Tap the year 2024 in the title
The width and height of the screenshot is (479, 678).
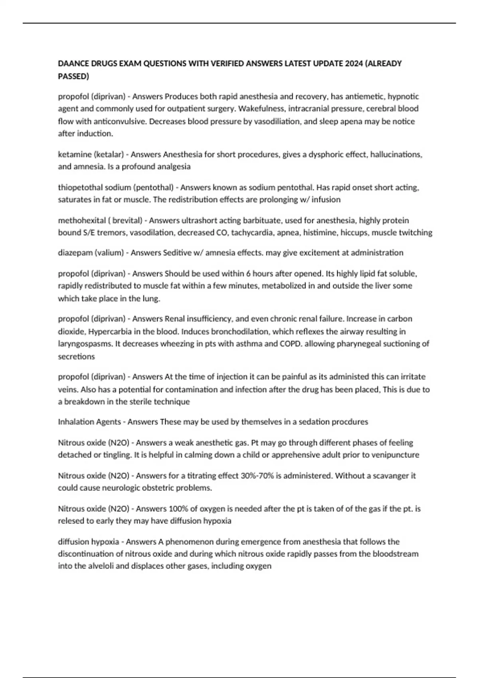pyautogui.click(x=353, y=63)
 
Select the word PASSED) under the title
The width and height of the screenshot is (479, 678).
pyautogui.click(x=73, y=76)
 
